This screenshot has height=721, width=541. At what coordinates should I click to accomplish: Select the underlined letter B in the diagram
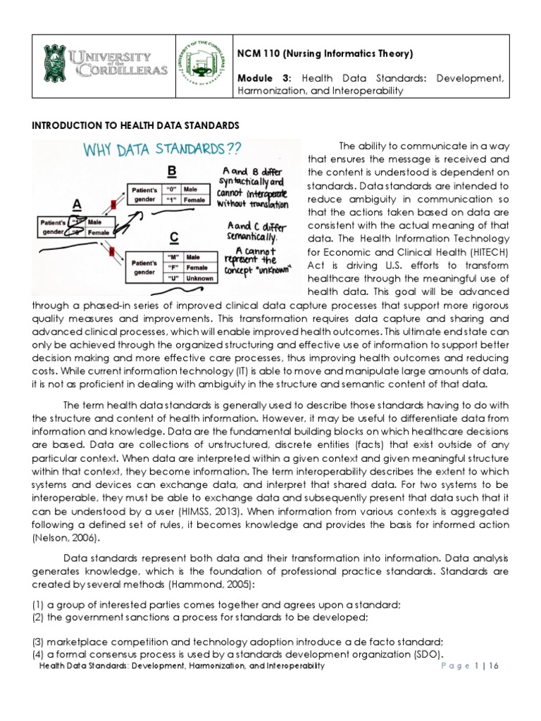pyautogui.click(x=171, y=173)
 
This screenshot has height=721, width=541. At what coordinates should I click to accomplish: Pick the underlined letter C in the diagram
pyautogui.click(x=171, y=238)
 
